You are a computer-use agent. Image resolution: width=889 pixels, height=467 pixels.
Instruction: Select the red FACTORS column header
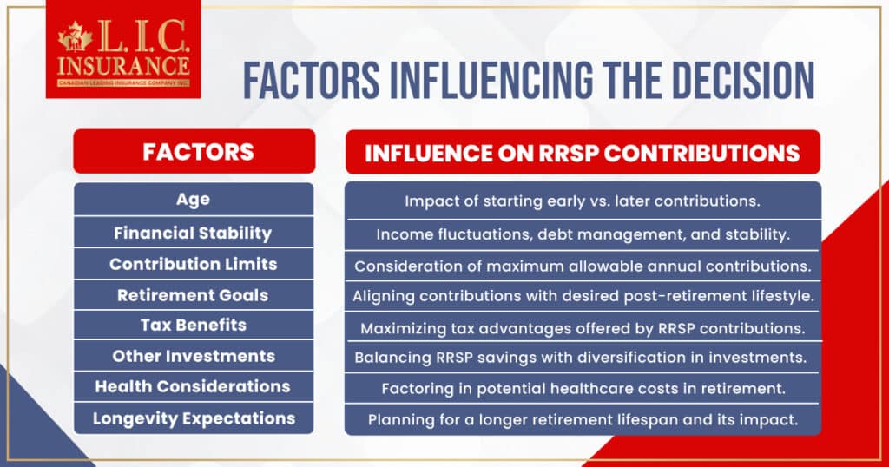194,152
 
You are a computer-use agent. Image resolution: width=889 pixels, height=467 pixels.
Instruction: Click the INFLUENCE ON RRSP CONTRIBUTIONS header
582,153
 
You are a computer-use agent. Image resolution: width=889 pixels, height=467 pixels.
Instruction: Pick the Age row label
194,200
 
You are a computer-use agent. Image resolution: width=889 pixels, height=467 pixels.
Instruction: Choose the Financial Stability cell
194,233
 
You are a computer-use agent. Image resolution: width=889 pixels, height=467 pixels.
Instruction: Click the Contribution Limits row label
194,264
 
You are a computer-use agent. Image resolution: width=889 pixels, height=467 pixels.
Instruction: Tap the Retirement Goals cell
194,295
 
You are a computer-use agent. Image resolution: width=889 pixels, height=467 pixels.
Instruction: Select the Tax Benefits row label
194,326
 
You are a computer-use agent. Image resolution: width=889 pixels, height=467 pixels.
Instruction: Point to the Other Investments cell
194,356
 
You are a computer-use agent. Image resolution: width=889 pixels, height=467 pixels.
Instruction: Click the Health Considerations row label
194,386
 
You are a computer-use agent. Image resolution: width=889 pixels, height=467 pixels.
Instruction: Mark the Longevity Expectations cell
194,418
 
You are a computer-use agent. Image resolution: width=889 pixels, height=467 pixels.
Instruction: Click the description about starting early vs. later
583,201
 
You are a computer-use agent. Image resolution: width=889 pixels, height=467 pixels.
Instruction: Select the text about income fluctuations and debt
583,233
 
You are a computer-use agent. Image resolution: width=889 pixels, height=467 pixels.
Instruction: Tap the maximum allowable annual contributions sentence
583,265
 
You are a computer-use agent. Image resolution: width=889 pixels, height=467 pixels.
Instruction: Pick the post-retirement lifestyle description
583,296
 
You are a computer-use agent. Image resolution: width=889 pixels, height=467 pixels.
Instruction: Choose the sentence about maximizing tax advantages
583,328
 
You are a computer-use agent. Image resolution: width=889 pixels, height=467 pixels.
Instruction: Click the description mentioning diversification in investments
583,358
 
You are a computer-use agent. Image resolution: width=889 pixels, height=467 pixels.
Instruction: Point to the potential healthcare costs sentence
583,388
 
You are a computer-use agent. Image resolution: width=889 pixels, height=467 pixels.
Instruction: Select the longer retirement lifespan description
583,419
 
